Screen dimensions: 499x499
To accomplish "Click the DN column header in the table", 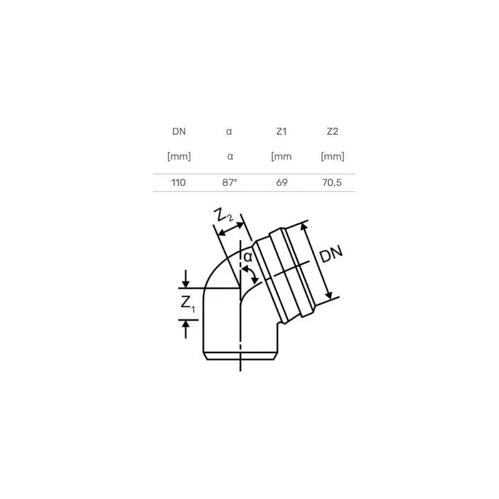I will pyautogui.click(x=179, y=132).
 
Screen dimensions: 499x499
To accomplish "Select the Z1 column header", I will pyautogui.click(x=281, y=132).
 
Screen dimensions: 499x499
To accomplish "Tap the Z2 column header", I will pyautogui.click(x=332, y=132).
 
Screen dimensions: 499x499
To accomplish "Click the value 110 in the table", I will pyautogui.click(x=179, y=182).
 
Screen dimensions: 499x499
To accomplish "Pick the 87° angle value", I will pyautogui.click(x=230, y=182).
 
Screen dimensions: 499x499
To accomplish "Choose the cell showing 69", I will pyautogui.click(x=281, y=182).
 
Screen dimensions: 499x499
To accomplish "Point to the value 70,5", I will pyautogui.click(x=332, y=182).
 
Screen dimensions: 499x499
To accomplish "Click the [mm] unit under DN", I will pyautogui.click(x=179, y=157).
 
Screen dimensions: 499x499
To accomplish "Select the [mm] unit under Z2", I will pyautogui.click(x=332, y=157).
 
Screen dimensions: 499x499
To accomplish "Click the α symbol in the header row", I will pyautogui.click(x=230, y=132).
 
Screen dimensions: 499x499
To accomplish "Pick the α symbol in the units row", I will pyautogui.click(x=230, y=157).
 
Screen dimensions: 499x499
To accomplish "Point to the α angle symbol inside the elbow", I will pyautogui.click(x=247, y=257).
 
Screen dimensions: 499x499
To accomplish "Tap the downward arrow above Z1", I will pyautogui.click(x=185, y=279).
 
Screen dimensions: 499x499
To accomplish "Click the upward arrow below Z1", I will pyautogui.click(x=185, y=328).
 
